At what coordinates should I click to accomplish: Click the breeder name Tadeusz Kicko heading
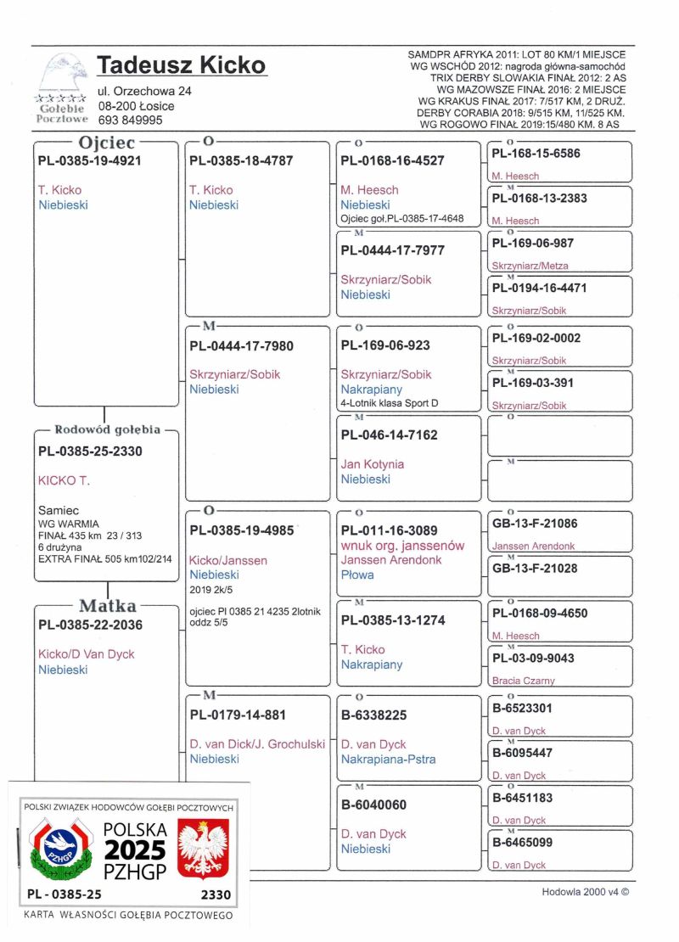click(182, 65)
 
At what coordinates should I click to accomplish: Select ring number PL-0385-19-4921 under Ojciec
click(89, 160)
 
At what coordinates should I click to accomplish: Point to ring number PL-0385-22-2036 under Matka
click(89, 625)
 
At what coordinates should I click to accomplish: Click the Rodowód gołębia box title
click(107, 429)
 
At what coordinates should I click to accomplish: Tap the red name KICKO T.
click(64, 480)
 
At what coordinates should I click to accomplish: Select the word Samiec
click(58, 510)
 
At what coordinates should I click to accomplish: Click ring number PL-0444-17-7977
click(392, 250)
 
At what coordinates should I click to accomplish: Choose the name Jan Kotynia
click(372, 464)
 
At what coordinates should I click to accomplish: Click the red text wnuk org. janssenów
click(402, 546)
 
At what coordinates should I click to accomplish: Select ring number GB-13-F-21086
click(535, 524)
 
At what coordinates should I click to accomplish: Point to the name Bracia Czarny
click(524, 680)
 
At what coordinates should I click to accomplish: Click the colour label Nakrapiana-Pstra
click(388, 759)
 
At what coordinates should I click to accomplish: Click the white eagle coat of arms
click(202, 848)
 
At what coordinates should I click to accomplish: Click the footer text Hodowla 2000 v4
click(586, 892)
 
